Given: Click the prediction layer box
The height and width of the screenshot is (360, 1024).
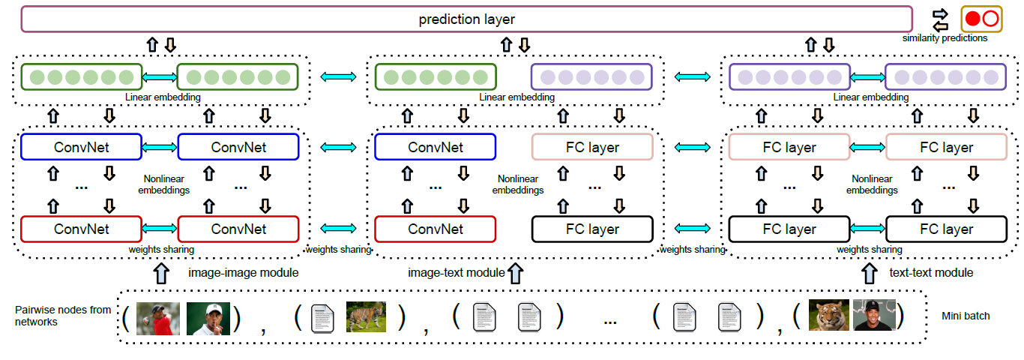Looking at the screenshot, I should [466, 19].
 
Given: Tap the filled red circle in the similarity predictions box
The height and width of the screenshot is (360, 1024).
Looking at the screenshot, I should [973, 19].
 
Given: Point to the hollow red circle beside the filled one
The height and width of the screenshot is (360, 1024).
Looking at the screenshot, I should [990, 19].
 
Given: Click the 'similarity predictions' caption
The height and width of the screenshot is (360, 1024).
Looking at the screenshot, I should [945, 37].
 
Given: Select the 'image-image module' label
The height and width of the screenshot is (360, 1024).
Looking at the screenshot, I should [243, 273].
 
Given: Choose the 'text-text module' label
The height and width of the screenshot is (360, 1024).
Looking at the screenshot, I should [931, 273].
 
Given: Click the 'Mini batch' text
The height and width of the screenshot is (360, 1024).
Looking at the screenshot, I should [966, 316].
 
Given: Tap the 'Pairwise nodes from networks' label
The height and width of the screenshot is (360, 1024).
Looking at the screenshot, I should [63, 316].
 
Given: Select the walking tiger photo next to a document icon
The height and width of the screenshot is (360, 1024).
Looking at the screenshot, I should [366, 316].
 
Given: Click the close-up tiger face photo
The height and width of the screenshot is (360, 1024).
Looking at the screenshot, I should [829, 316].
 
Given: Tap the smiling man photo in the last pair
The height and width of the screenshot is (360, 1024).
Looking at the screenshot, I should [874, 316].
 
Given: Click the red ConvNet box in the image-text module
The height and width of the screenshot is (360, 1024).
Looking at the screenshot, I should [435, 229].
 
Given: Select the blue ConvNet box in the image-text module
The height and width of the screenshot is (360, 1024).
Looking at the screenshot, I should [435, 147].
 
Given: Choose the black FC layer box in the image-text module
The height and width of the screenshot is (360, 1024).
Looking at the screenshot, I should [592, 229].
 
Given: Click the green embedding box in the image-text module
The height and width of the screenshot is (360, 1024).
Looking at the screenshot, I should [436, 76].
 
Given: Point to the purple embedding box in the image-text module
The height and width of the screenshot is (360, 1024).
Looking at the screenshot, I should [591, 76].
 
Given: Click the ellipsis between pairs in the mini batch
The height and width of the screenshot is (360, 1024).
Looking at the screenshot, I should [609, 320].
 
